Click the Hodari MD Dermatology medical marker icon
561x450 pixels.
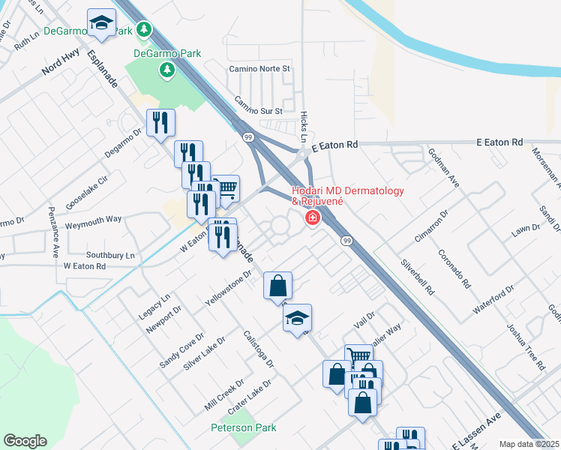(311, 217)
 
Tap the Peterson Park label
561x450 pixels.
(243, 427)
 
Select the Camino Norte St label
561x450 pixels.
(259, 68)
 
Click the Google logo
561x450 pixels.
(25, 441)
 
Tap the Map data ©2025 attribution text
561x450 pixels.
(528, 444)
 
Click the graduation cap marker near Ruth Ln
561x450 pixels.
(101, 24)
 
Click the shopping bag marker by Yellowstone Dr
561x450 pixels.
(277, 286)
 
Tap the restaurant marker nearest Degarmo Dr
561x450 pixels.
(160, 123)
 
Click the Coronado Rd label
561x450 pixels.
(454, 269)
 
